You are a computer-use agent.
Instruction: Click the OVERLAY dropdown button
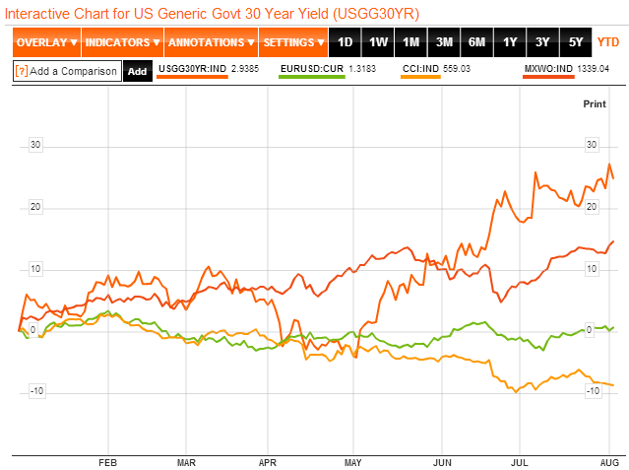[x=46, y=42]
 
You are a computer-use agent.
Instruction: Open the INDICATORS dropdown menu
[x=122, y=42]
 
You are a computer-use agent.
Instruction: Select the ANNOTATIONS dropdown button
[x=210, y=42]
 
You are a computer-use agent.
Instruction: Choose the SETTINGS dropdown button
[x=293, y=42]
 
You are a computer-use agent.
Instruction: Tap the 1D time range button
[x=345, y=42]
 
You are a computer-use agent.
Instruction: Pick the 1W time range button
[x=378, y=42]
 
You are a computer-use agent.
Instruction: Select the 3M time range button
[x=444, y=42]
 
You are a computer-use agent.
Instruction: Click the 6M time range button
[x=476, y=42]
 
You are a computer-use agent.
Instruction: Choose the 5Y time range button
[x=575, y=42]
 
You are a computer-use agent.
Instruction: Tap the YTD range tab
[x=608, y=42]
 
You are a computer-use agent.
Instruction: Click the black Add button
[x=137, y=71]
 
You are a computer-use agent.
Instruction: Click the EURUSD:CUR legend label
[x=311, y=68]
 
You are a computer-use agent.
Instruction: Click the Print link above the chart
[x=595, y=103]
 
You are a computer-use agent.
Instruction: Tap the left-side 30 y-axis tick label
[x=35, y=145]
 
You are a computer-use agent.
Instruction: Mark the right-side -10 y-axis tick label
[x=592, y=391]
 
